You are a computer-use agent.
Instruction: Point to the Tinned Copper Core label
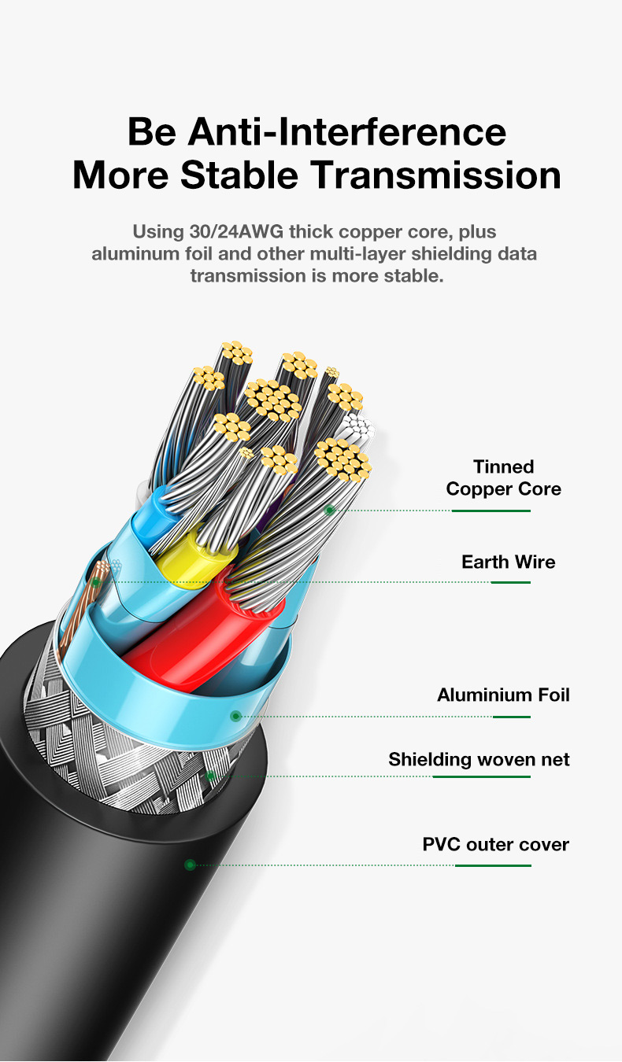click(503, 478)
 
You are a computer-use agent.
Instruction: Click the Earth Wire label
click(508, 562)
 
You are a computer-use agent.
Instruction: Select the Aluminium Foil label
click(503, 695)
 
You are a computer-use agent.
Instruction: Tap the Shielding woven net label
click(479, 759)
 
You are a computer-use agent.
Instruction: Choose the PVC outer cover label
click(495, 845)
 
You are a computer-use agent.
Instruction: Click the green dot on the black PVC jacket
click(190, 865)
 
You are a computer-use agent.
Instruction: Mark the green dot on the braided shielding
click(210, 776)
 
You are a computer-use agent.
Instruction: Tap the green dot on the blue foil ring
click(235, 716)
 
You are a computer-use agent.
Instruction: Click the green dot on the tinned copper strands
click(330, 510)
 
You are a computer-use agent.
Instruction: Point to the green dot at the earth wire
click(96, 582)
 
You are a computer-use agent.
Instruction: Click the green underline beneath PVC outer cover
click(493, 865)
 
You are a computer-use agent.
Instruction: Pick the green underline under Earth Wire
click(510, 582)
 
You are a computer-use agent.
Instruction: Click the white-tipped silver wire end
click(357, 429)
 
